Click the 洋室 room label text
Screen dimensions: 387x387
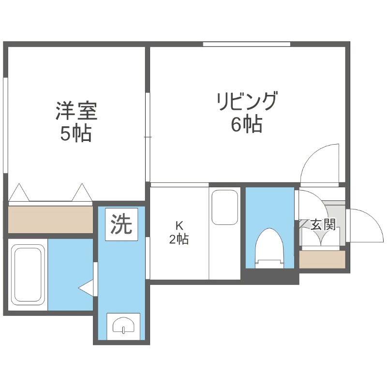click(76, 111)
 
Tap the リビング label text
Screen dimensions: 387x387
click(247, 102)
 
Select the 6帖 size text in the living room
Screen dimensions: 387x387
click(246, 125)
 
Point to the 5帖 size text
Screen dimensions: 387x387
click(75, 134)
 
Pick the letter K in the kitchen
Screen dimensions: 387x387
click(179, 225)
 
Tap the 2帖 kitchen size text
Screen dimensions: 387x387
click(179, 239)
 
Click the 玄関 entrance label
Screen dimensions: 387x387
click(323, 224)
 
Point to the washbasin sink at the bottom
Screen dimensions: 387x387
click(124, 327)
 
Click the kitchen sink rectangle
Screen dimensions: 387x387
click(225, 207)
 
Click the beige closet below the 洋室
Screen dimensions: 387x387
click(50, 219)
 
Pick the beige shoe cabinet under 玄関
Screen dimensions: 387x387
click(322, 260)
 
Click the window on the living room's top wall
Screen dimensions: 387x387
click(246, 44)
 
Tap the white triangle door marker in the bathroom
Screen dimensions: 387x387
click(87, 288)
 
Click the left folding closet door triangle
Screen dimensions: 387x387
click(19, 193)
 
